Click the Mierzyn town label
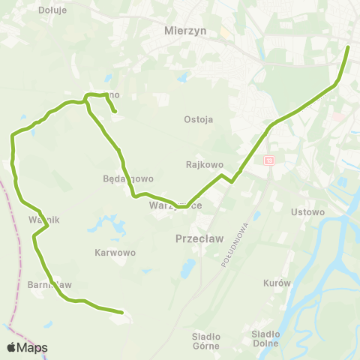pyautogui.click(x=184, y=31)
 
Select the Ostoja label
pyautogui.click(x=199, y=119)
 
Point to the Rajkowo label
pyautogui.click(x=200, y=163)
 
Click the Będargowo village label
pyautogui.click(x=128, y=179)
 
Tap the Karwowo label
pyautogui.click(x=115, y=253)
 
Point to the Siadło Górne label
pyautogui.click(x=205, y=340)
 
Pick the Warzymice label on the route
pyautogui.click(x=175, y=205)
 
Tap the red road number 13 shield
pyautogui.click(x=269, y=160)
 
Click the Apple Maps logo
pyautogui.click(x=27, y=347)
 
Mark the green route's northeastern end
pyautogui.click(x=349, y=47)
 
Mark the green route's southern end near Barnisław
pyautogui.click(x=121, y=311)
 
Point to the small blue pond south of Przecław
pyautogui.click(x=187, y=268)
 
